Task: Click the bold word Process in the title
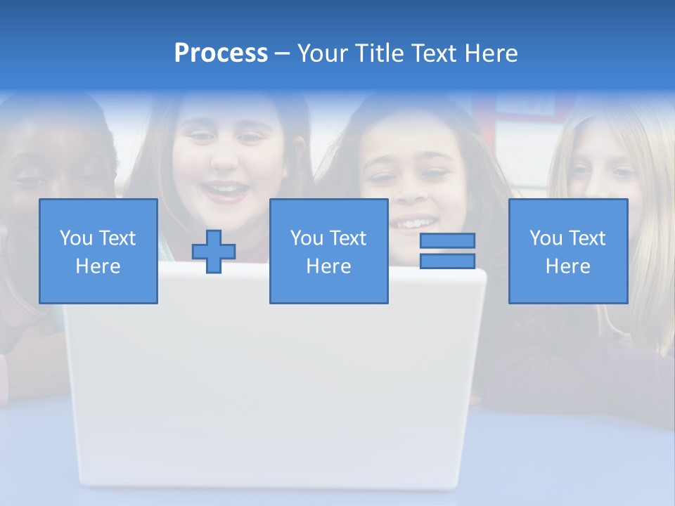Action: [221, 53]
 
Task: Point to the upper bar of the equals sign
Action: [447, 240]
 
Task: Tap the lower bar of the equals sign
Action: [447, 261]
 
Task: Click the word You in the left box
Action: [76, 238]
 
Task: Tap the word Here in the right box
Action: [568, 266]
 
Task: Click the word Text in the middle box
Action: [348, 238]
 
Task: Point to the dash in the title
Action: [283, 53]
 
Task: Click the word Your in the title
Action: [322, 53]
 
